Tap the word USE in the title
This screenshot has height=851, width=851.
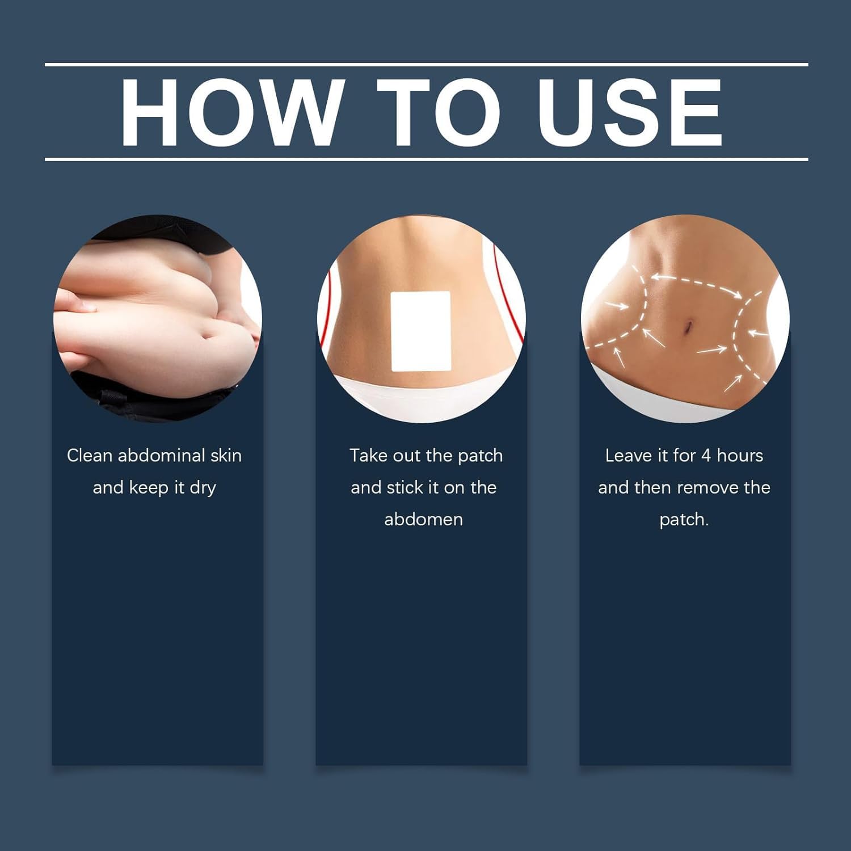point(630,112)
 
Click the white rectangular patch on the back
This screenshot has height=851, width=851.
point(420,331)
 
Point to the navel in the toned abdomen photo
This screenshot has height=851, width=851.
point(688,327)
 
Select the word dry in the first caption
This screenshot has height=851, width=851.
point(203,488)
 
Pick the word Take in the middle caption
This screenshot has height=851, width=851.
point(366,456)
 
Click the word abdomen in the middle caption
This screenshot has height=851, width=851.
point(423,520)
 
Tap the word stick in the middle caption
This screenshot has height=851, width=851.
point(405,487)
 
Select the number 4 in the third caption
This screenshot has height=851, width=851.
point(706,456)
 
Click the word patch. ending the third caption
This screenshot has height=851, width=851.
point(684,520)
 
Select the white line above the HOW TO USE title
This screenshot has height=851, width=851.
point(426,65)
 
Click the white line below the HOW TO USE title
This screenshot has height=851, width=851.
point(426,159)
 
